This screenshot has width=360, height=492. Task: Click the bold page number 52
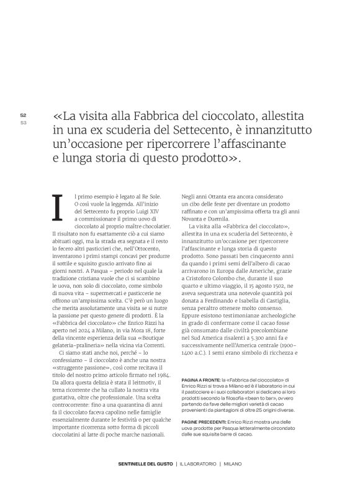[23, 115]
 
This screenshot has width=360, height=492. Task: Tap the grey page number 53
[23, 122]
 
